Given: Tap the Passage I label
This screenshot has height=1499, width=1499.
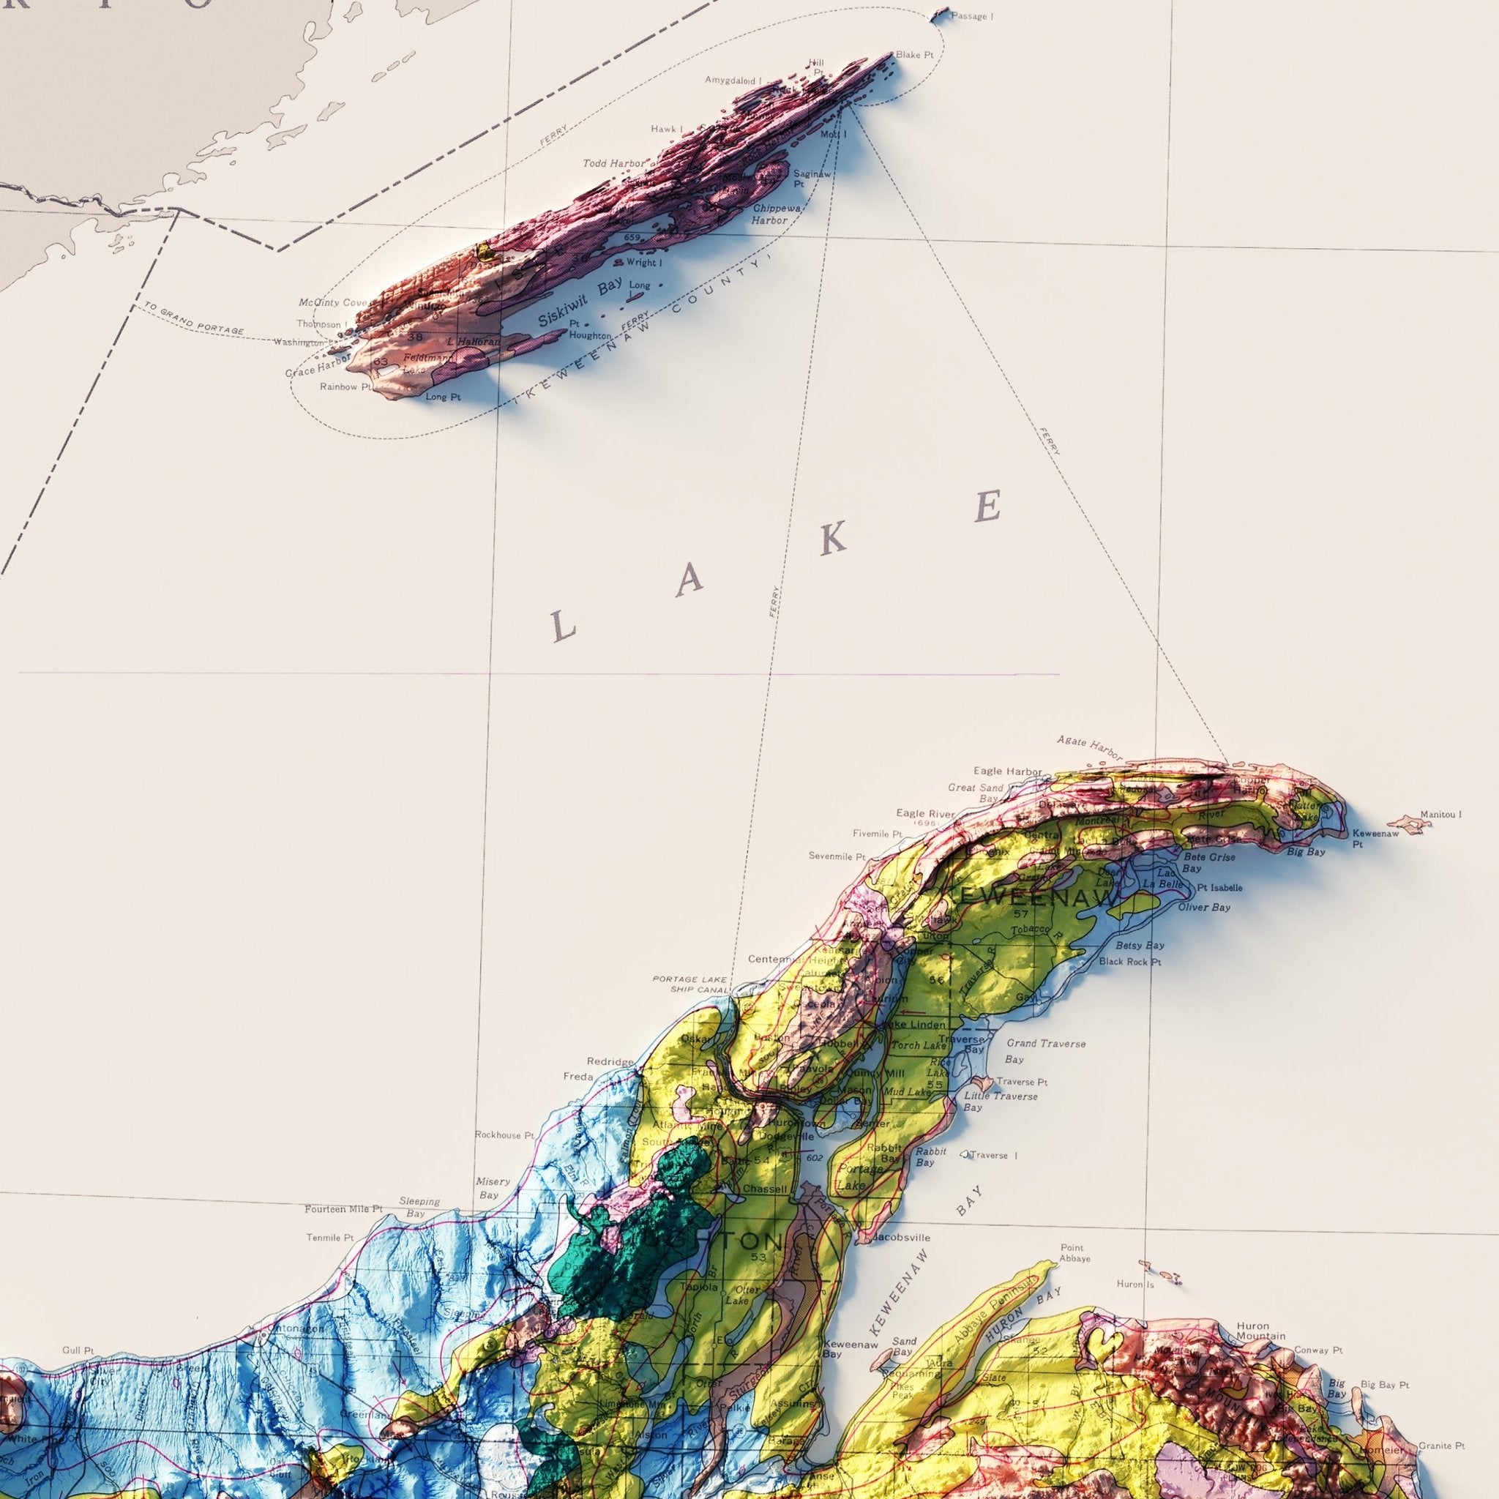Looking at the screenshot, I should click(x=971, y=16).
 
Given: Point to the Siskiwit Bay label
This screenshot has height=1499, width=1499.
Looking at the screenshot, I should click(x=580, y=302).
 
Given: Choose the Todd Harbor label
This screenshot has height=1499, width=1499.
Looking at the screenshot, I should click(x=613, y=164).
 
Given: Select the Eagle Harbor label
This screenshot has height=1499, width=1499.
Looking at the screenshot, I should click(x=1007, y=771).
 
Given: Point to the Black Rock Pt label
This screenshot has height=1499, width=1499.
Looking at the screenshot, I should click(x=1129, y=961).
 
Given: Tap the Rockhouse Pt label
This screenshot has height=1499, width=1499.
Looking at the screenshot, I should click(x=504, y=1135).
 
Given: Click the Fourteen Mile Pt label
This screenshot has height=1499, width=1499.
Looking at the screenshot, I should click(x=344, y=1209).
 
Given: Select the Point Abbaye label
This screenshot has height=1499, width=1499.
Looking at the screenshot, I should click(x=1074, y=1253).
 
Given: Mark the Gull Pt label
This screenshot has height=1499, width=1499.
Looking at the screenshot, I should click(x=78, y=1351).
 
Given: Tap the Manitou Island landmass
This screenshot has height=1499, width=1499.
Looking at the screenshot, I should click(x=1408, y=823).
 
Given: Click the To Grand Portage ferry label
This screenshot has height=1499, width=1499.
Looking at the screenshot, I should click(x=193, y=320).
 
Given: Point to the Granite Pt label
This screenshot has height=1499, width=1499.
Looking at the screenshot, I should click(x=1442, y=1446).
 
